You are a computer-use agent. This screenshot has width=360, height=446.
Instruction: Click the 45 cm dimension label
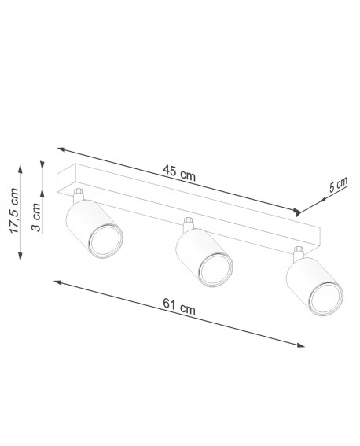(x=180, y=175)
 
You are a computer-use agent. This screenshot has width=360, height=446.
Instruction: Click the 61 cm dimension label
(x=180, y=309)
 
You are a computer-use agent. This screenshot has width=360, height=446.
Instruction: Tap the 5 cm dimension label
(x=338, y=186)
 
